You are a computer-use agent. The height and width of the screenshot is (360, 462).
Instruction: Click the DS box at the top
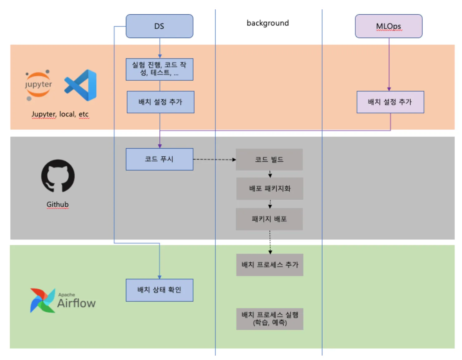tap(159, 26)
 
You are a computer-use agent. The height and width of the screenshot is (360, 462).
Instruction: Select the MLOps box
tap(388, 26)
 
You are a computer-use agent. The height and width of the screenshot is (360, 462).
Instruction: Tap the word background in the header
tap(267, 23)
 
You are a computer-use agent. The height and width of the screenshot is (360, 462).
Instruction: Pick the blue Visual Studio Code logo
tap(81, 85)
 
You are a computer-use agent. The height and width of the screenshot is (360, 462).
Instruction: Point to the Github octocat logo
tap(58, 176)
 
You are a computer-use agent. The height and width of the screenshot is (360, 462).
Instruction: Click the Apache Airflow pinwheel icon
tap(42, 300)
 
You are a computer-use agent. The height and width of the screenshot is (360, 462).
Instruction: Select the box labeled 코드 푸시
tap(159, 159)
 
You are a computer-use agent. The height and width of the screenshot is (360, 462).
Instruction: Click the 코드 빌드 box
tap(269, 159)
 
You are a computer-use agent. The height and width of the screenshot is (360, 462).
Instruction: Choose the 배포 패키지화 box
tap(270, 188)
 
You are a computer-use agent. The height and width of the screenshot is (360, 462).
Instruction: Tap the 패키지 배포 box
tap(269, 219)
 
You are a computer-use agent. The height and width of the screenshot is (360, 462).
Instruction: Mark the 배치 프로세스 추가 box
tap(270, 265)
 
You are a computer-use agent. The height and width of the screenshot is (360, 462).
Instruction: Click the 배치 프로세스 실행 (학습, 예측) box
tap(270, 319)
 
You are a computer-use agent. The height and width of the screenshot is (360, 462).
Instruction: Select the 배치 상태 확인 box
tap(159, 290)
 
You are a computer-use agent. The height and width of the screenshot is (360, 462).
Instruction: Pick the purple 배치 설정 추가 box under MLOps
tap(390, 102)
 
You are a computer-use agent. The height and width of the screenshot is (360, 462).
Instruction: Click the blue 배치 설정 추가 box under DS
tap(160, 102)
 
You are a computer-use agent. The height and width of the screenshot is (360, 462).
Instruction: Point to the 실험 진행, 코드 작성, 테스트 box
tap(159, 69)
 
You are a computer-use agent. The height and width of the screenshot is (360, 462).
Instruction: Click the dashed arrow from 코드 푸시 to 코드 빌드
tap(214, 159)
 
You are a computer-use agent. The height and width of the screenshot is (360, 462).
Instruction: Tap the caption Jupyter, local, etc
tap(60, 114)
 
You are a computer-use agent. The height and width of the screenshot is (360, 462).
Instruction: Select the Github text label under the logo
tap(57, 204)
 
